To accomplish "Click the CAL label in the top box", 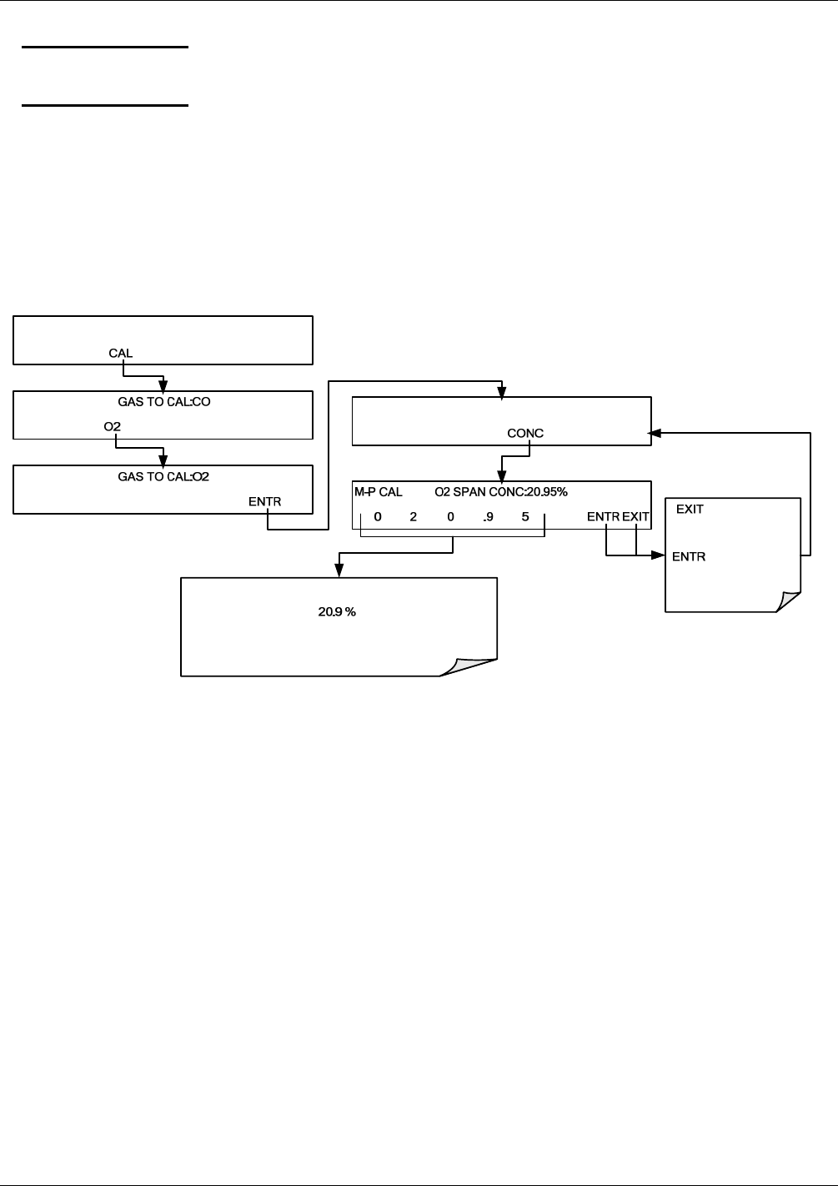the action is tap(120, 353).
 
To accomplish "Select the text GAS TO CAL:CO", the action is tap(163, 400).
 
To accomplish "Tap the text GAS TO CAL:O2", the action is tap(163, 476).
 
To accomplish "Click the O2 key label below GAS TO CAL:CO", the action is tap(113, 427).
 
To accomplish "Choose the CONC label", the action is tap(525, 433).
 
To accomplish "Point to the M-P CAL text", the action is tap(379, 492).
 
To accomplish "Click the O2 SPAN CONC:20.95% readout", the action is tap(501, 492).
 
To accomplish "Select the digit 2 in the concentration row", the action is tap(414, 517).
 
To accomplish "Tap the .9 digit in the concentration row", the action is tap(489, 517).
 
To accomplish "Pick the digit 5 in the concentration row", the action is tap(525, 517).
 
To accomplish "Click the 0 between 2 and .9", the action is tap(450, 517).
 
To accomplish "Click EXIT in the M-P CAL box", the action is tap(635, 517).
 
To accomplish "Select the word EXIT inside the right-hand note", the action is tap(690, 509).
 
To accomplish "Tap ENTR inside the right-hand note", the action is tap(689, 556).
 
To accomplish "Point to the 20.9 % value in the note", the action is tap(337, 611).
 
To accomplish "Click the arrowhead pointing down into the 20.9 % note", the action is tap(339, 570).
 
